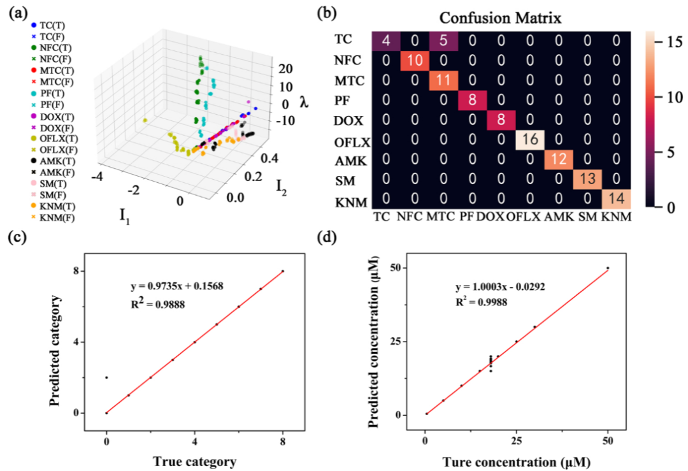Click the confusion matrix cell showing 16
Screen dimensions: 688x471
[x=530, y=140]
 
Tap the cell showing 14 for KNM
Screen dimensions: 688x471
[x=617, y=198]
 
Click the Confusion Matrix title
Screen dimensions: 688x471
[x=500, y=18]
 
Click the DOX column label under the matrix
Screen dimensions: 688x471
[x=490, y=217]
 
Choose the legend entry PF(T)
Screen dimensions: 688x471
[x=48, y=94]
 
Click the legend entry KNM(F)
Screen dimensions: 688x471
[x=53, y=217]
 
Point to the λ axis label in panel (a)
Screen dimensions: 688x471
[x=304, y=102]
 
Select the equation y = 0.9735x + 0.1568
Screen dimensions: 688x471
[x=177, y=286]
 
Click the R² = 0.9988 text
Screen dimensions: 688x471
[x=482, y=301]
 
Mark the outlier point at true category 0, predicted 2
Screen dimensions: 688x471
[x=106, y=377]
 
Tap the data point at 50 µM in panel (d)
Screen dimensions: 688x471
[x=608, y=268]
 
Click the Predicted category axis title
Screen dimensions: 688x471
[x=55, y=351]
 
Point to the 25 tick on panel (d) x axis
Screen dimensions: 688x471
[x=517, y=441]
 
